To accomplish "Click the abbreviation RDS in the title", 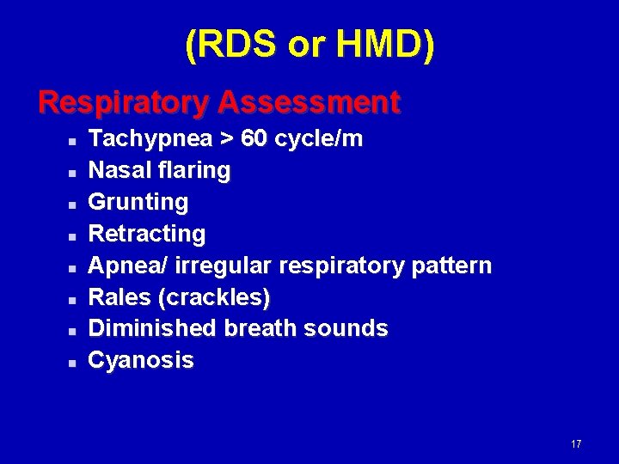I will point(234,45).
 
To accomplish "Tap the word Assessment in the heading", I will point(309,102).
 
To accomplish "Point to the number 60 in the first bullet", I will point(254,138).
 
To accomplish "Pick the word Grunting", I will point(138,202).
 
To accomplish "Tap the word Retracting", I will point(147,234).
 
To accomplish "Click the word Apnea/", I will point(128,266).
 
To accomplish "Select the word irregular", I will point(218,266).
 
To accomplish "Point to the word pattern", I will point(452,266).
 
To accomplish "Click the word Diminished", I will point(153,328).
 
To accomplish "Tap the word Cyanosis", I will point(141,360).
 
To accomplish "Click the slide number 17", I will point(575,444).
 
